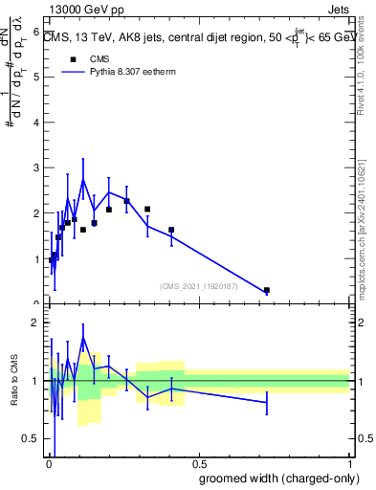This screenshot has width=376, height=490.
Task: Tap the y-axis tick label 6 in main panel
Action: pyautogui.click(x=35, y=32)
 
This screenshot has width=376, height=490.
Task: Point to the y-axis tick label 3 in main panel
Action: pyautogui.click(x=35, y=168)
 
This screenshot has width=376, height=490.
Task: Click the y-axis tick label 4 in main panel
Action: pyautogui.click(x=35, y=122)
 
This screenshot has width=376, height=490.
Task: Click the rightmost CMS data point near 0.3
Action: pyautogui.click(x=267, y=290)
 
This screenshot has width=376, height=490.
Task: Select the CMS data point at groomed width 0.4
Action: pyautogui.click(x=171, y=230)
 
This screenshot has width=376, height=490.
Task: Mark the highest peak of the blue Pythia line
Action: pyautogui.click(x=83, y=179)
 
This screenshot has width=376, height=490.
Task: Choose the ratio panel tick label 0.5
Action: pyautogui.click(x=31, y=438)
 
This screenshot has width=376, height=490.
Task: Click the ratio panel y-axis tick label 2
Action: pyautogui.click(x=35, y=323)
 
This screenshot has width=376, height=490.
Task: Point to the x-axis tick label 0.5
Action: pyautogui.click(x=198, y=465)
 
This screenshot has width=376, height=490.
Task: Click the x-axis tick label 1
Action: pyautogui.click(x=349, y=465)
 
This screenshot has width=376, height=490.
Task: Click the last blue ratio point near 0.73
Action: pyautogui.click(x=267, y=402)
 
